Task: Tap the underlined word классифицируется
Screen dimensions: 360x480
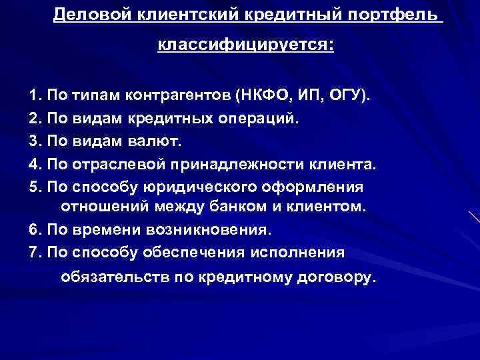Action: click(x=245, y=46)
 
